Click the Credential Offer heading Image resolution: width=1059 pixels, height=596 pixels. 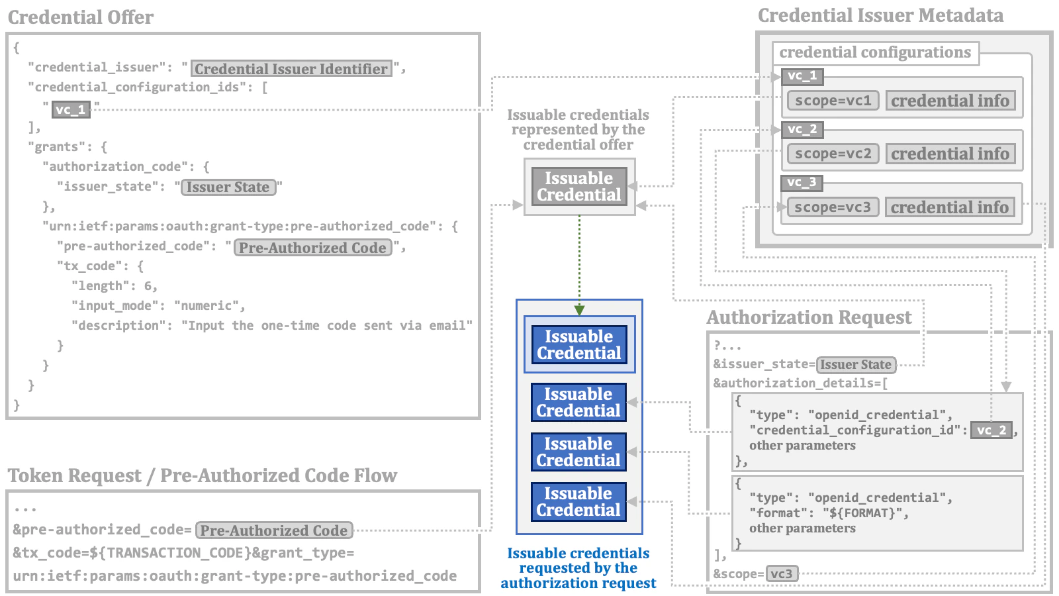[x=81, y=17]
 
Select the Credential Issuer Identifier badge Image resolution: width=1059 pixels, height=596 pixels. [x=291, y=69]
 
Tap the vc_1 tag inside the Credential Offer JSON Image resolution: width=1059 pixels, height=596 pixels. [x=71, y=109]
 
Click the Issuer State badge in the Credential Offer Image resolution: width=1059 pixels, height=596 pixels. [x=228, y=187]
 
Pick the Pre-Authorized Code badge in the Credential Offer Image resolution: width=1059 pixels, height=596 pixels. [x=312, y=248]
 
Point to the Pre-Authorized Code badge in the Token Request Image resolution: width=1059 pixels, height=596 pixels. [x=274, y=530]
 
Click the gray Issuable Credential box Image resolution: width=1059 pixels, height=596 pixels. [x=579, y=186]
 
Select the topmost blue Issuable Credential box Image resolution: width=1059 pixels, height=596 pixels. [x=579, y=344]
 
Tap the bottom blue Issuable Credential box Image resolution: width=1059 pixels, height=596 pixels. [x=578, y=501]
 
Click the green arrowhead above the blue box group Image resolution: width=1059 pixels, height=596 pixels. [x=579, y=309]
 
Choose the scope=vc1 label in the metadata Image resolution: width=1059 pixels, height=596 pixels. [x=833, y=101]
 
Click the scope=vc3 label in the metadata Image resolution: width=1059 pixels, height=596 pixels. [x=833, y=207]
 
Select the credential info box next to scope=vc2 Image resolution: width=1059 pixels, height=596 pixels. [x=950, y=154]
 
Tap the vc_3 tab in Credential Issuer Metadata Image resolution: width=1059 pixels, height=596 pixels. [x=802, y=182]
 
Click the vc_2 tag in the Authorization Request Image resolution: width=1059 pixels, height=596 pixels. [x=991, y=430]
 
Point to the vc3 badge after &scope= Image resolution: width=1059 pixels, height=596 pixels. [x=782, y=573]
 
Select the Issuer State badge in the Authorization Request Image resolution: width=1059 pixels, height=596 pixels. [x=856, y=365]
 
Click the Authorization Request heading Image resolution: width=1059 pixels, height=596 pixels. [x=809, y=318]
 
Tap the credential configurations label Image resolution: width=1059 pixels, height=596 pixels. [x=874, y=52]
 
